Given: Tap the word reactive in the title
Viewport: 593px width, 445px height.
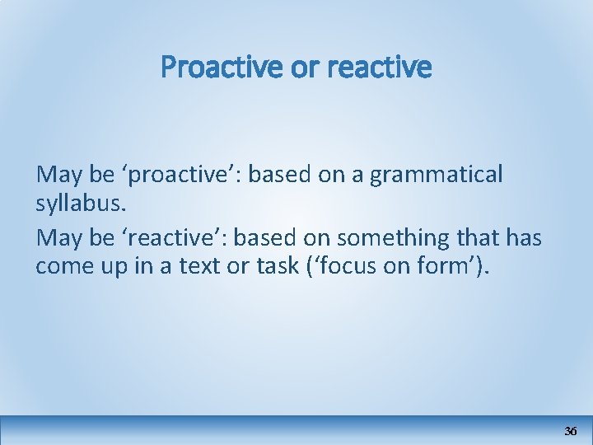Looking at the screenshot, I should click(379, 68).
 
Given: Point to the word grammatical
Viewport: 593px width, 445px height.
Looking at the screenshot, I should click(436, 175).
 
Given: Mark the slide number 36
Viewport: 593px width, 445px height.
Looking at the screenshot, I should click(571, 431).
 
